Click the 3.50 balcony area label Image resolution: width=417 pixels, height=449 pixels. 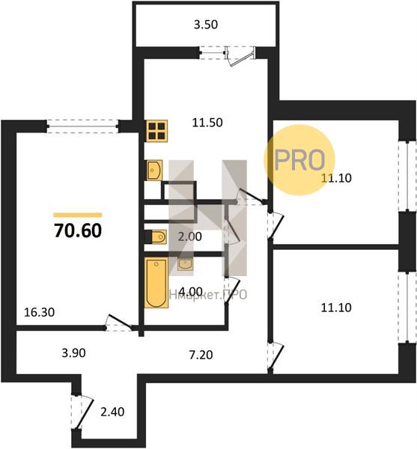[206, 25]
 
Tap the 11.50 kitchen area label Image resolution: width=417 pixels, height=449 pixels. [207, 123]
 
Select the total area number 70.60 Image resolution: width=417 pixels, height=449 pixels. [78, 230]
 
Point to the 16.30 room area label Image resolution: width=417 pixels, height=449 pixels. [39, 312]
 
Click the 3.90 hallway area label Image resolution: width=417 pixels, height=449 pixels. [73, 352]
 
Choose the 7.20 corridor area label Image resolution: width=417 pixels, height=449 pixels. [201, 355]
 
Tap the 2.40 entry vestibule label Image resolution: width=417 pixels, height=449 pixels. [112, 412]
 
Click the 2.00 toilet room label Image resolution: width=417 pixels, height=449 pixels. [189, 236]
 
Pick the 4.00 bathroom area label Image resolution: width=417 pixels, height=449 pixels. [190, 292]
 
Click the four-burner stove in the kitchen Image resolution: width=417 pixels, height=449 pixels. [157, 131]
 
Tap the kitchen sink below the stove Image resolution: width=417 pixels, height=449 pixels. [154, 170]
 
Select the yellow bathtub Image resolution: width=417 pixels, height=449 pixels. [156, 283]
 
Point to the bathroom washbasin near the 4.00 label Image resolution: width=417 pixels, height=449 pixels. [185, 265]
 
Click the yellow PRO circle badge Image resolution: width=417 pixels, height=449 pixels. [299, 160]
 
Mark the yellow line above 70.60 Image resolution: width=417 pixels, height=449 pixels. [78, 215]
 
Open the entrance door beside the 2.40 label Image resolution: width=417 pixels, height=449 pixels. [82, 412]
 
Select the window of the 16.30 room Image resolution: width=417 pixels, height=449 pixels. [82, 126]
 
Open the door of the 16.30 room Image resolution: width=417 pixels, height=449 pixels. [118, 323]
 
